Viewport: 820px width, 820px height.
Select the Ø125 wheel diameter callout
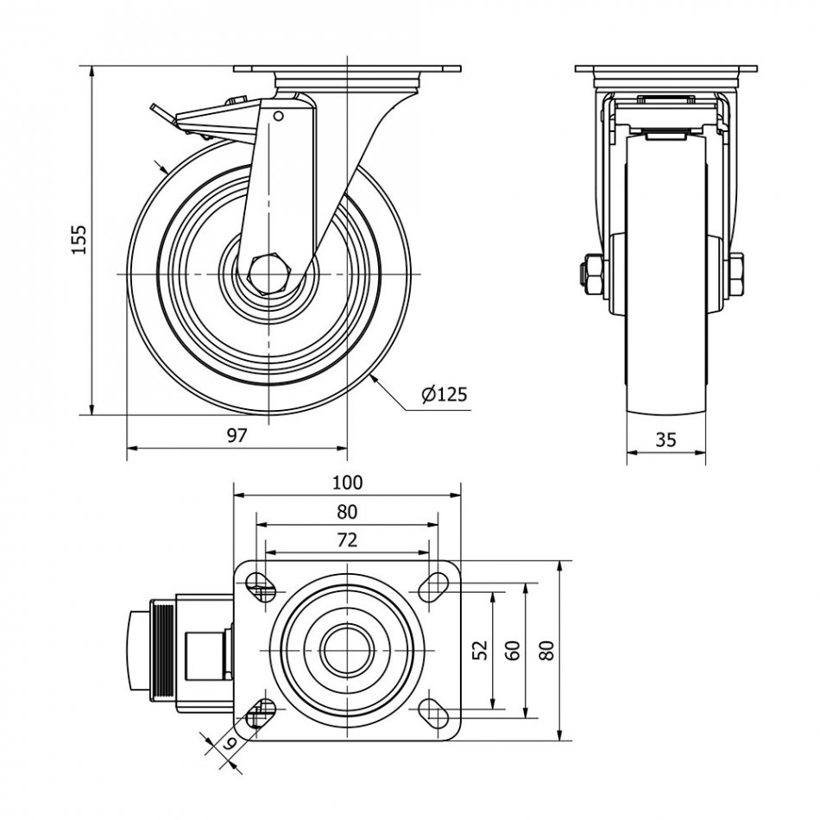coord(444,394)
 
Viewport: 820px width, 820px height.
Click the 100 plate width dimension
coord(347,483)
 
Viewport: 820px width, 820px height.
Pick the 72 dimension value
coord(347,540)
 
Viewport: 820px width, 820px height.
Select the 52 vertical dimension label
coord(482,649)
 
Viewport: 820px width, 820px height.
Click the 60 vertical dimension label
coord(514,649)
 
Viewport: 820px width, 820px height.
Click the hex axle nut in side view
coord(269,274)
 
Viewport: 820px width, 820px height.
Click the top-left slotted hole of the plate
coord(261,588)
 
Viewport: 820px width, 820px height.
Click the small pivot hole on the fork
coord(278,116)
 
